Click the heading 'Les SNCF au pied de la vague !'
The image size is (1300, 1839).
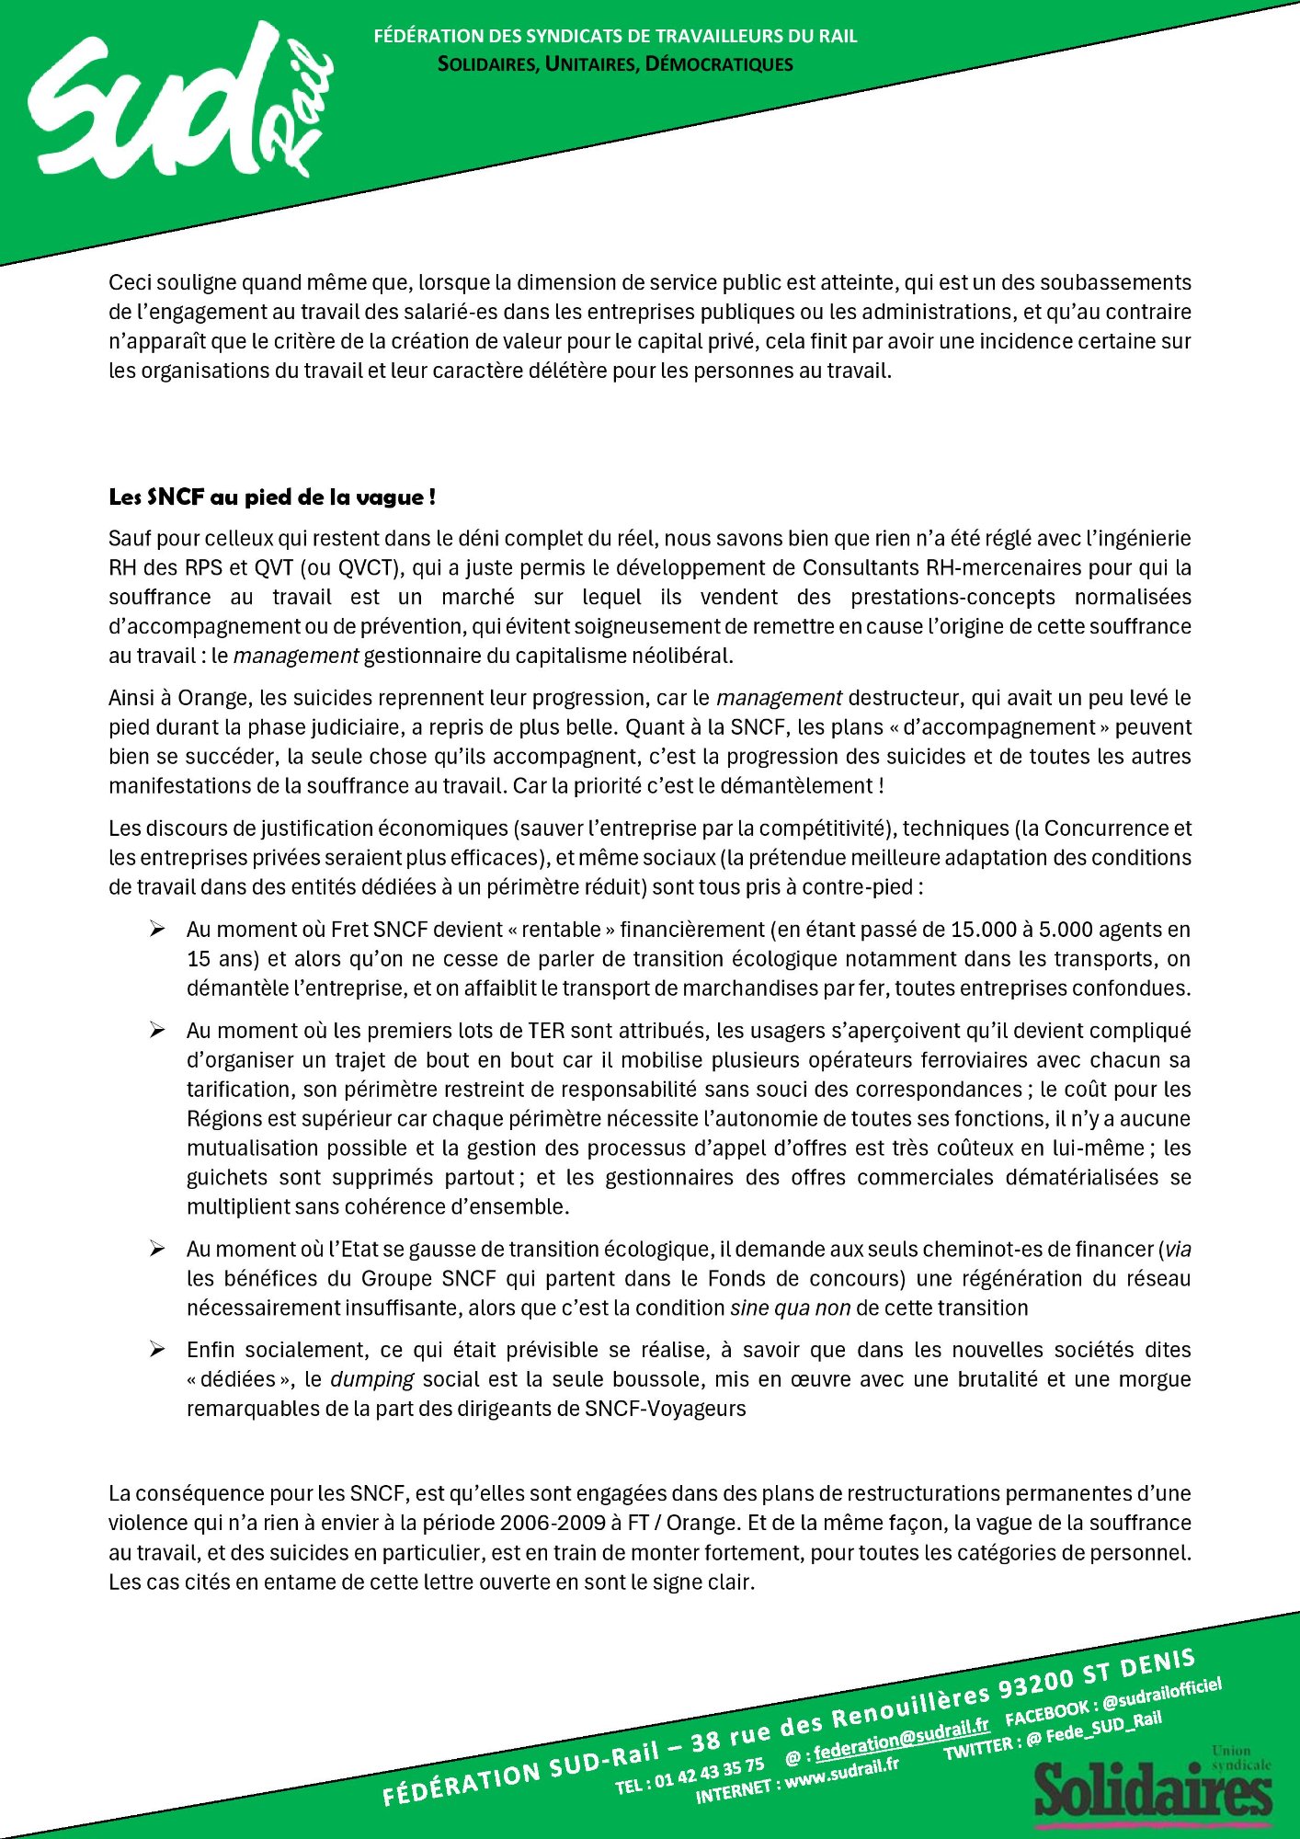click(272, 497)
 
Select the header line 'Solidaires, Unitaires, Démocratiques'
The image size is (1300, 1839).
click(615, 64)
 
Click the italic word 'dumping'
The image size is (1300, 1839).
click(371, 1379)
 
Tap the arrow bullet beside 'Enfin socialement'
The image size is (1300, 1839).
click(157, 1350)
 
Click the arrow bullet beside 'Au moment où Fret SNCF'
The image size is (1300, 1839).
click(157, 930)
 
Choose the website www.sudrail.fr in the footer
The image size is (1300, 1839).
click(838, 1769)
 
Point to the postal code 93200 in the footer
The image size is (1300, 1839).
click(1036, 1681)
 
